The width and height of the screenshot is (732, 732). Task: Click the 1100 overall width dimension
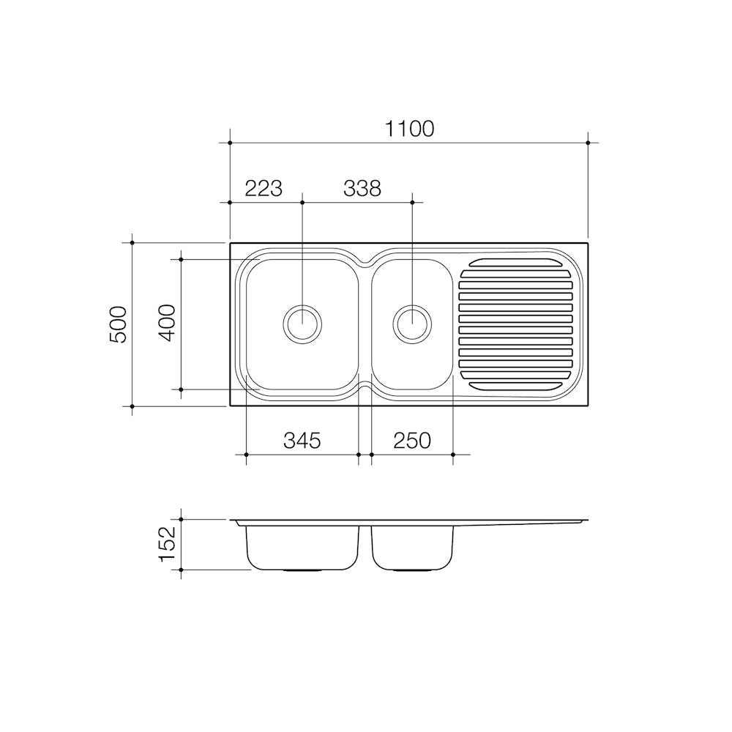click(x=409, y=130)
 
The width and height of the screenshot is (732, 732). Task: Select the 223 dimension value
click(x=264, y=189)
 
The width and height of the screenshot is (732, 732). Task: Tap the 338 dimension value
click(x=362, y=189)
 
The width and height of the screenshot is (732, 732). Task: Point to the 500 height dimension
click(x=119, y=324)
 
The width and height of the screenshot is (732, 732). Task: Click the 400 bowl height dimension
click(x=168, y=323)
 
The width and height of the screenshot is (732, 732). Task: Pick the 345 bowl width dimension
click(x=302, y=440)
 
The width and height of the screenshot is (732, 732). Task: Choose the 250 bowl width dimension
click(x=411, y=440)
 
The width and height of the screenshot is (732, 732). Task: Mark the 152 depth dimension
click(x=168, y=545)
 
